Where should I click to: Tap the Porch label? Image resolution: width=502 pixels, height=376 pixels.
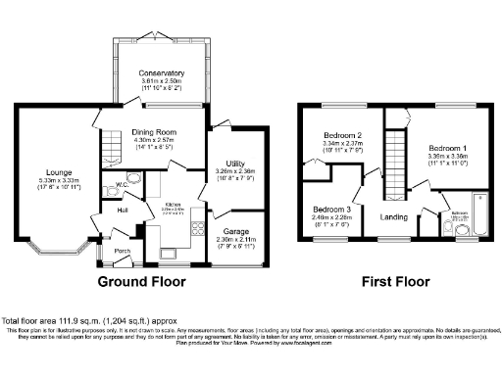tap(124, 252)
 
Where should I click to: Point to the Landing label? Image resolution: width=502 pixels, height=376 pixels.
tap(395, 217)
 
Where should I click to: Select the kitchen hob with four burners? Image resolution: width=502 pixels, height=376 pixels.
tap(159, 235)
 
